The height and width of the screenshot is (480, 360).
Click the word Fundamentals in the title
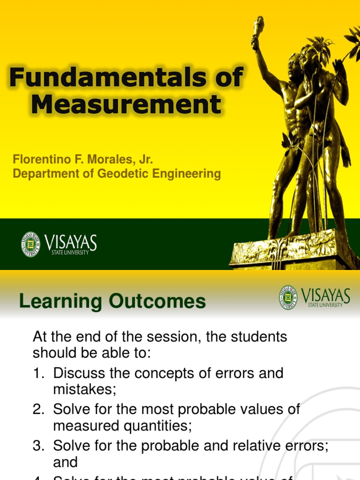[107, 77]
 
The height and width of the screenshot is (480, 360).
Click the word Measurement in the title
[126, 104]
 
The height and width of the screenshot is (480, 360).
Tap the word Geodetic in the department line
[120, 173]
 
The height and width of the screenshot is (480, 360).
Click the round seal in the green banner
[30, 244]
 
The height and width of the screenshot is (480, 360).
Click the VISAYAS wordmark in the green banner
[71, 242]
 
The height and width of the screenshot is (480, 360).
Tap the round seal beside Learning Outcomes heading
[288, 298]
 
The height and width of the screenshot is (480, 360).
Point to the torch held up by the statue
[258, 28]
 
